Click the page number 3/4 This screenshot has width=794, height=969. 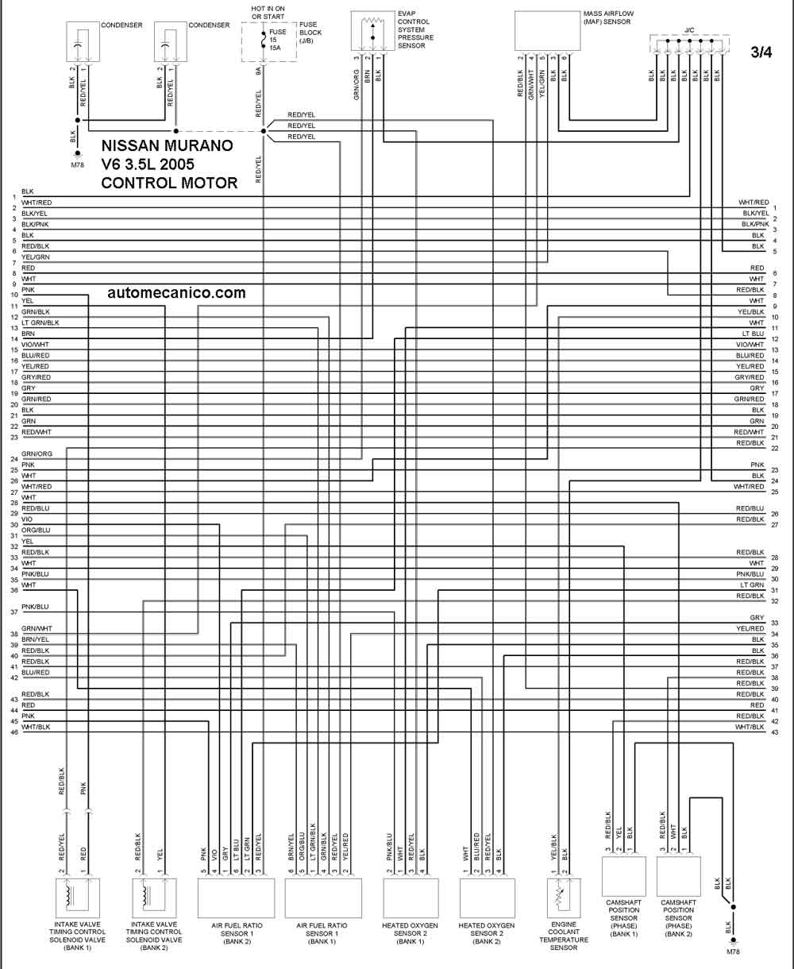pyautogui.click(x=761, y=52)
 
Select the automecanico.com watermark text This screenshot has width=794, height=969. pyautogui.click(x=176, y=292)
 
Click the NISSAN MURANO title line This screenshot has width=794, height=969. pyautogui.click(x=167, y=145)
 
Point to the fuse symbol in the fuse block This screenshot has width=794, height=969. pyautogui.click(x=264, y=40)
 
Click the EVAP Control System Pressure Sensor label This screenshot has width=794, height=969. pyautogui.click(x=415, y=30)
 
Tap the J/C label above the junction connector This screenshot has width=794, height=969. pyautogui.click(x=689, y=30)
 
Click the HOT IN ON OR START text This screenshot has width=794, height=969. pyautogui.click(x=268, y=13)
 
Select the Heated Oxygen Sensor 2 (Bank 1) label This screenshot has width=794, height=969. pyautogui.click(x=410, y=933)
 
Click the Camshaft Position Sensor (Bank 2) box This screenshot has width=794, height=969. pyautogui.click(x=678, y=876)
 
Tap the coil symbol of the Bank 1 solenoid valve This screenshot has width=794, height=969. pyautogui.click(x=70, y=894)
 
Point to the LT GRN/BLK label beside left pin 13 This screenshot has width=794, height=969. pyautogui.click(x=40, y=322)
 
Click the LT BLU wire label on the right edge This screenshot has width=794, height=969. pyautogui.click(x=753, y=334)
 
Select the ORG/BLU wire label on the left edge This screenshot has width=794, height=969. pyautogui.click(x=36, y=530)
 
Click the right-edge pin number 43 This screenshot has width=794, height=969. pyautogui.click(x=775, y=732)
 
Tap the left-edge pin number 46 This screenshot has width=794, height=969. pyautogui.click(x=14, y=732)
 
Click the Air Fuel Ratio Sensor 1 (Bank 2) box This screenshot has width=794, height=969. pyautogui.click(x=236, y=898)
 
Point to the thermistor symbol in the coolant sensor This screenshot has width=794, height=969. pyautogui.click(x=558, y=895)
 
